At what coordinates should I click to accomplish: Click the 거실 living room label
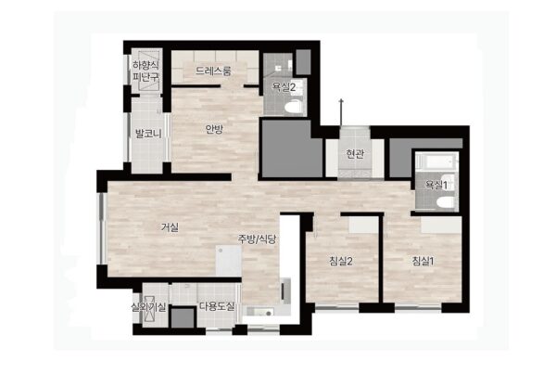[170, 227]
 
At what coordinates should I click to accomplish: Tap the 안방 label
[214, 129]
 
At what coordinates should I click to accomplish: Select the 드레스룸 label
[213, 71]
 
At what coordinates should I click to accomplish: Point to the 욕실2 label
[284, 86]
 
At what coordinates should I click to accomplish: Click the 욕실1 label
[436, 185]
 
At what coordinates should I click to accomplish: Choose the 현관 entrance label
[355, 153]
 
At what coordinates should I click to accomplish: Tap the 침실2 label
[341, 262]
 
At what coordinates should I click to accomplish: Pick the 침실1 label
[423, 262]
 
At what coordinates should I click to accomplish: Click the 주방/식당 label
[257, 239]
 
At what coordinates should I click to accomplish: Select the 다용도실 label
[217, 306]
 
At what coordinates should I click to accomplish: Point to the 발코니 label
[148, 134]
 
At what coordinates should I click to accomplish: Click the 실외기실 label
[148, 307]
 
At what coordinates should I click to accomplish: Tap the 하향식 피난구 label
[145, 71]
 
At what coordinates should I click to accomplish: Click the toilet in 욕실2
[293, 106]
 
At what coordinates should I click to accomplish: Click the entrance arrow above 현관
[341, 112]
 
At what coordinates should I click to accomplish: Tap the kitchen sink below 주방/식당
[264, 313]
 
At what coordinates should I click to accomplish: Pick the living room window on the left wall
[103, 228]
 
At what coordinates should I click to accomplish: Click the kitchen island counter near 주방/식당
[229, 261]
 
